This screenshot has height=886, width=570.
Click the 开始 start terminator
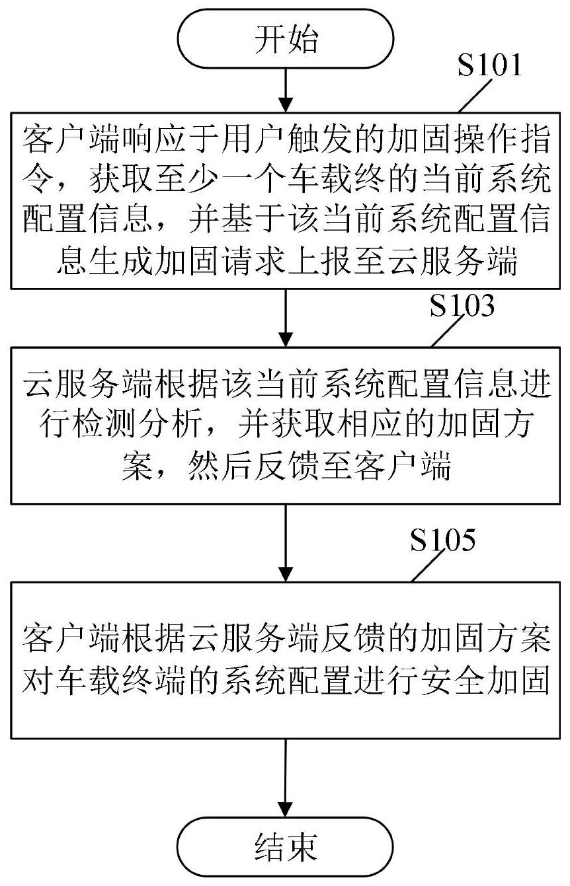click(286, 38)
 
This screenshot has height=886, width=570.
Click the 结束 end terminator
click(286, 846)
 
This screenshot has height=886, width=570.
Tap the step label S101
click(489, 65)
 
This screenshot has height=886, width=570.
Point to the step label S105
click(442, 540)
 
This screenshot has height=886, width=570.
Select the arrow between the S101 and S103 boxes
click(286, 318)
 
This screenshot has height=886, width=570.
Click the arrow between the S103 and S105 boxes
click(286, 542)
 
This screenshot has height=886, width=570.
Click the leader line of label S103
click(448, 332)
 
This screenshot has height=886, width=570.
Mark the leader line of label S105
click(428, 566)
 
